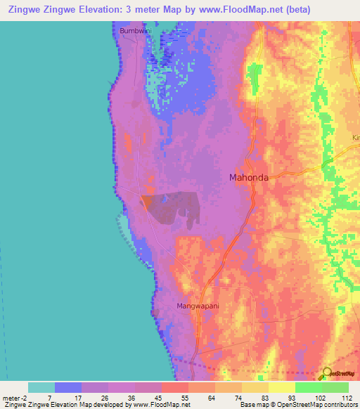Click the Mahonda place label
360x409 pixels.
249,178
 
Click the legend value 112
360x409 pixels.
346,397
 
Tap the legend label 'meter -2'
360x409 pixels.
15,397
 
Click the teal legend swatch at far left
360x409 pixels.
41,387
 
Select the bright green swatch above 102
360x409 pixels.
308,387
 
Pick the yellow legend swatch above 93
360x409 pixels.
281,387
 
